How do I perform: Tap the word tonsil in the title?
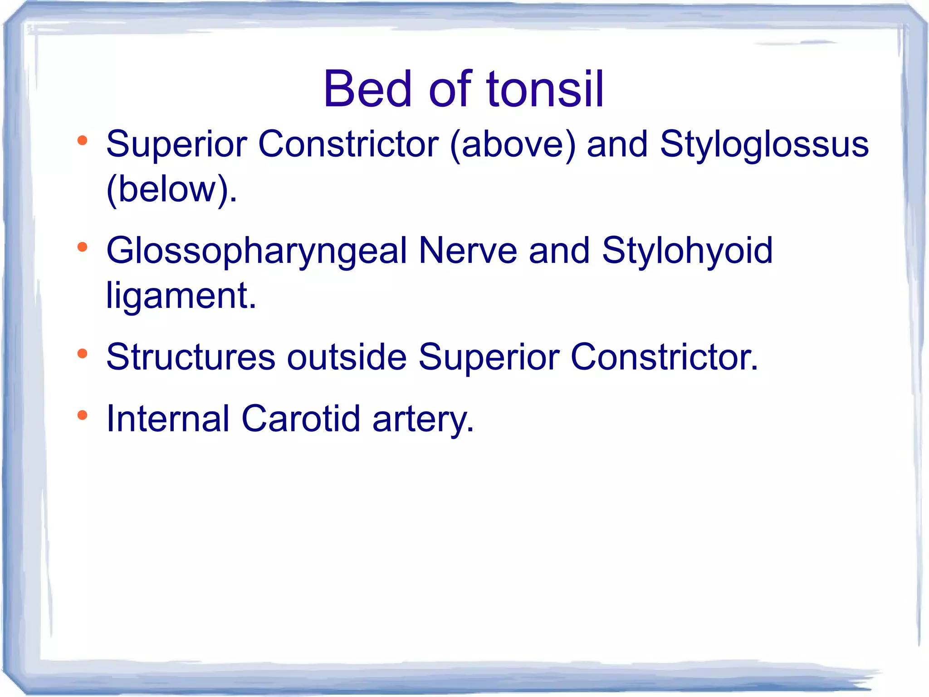pos(545,89)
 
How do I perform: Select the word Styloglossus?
pos(764,144)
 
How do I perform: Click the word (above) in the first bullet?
pos(513,144)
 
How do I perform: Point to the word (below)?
pos(171,189)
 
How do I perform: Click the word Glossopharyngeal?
pos(256,251)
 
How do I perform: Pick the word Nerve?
pos(468,250)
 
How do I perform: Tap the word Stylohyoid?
pos(687,251)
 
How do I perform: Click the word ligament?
pos(181,296)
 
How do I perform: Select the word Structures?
pos(191,357)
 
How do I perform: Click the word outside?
pos(347,357)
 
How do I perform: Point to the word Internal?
pos(167,419)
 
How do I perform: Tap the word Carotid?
pos(301,419)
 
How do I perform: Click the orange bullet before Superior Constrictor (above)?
pos(82,140)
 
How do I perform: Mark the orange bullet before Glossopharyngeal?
pos(82,247)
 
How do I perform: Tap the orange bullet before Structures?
pos(82,353)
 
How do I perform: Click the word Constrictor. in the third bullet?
pos(664,357)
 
